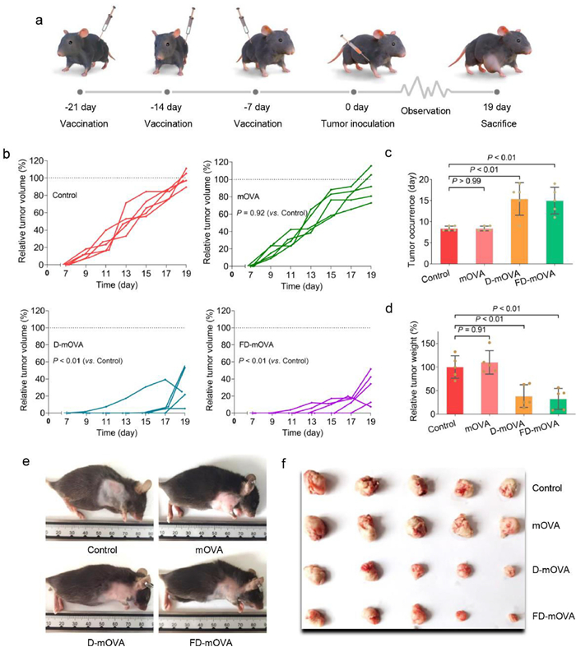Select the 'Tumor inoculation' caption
click(354, 123)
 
